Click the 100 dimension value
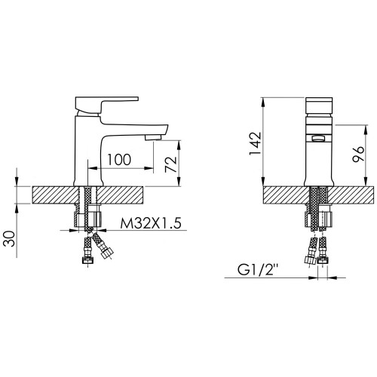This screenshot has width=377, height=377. coord(119,160)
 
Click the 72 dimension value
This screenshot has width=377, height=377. coord(171,164)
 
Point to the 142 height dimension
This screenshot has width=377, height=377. coord(256,143)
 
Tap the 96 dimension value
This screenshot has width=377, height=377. coord(358,154)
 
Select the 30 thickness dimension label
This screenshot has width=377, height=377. coord(10,238)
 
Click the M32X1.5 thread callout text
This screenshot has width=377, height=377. coord(151,223)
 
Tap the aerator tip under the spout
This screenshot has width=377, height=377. coord(153,137)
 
